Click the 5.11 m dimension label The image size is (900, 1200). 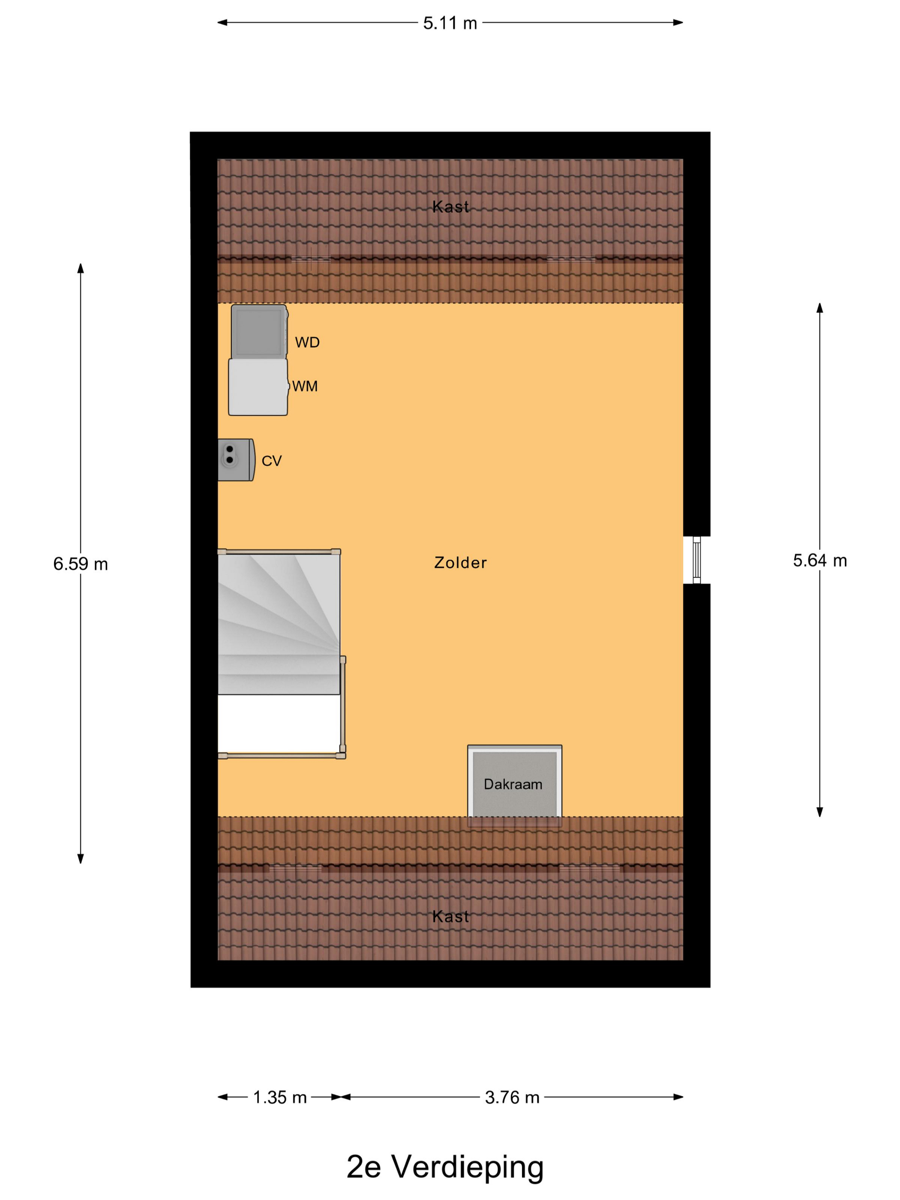pyautogui.click(x=450, y=23)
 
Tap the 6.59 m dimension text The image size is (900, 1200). pyautogui.click(x=80, y=564)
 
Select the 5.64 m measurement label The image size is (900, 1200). pyautogui.click(x=820, y=561)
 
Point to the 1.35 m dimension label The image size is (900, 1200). pyautogui.click(x=280, y=1098)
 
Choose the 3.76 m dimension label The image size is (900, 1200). pyautogui.click(x=512, y=1098)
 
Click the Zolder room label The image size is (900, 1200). pyautogui.click(x=460, y=563)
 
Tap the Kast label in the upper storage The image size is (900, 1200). pyautogui.click(x=450, y=207)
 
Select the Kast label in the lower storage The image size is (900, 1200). pyautogui.click(x=450, y=916)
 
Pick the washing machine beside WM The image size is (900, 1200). pyautogui.click(x=258, y=387)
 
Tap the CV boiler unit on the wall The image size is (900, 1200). pyautogui.click(x=236, y=459)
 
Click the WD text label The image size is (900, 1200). pyautogui.click(x=307, y=342)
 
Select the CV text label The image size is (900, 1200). pyautogui.click(x=271, y=461)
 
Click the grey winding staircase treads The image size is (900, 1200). pyautogui.click(x=279, y=624)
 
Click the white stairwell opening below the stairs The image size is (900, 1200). pyautogui.click(x=279, y=724)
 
